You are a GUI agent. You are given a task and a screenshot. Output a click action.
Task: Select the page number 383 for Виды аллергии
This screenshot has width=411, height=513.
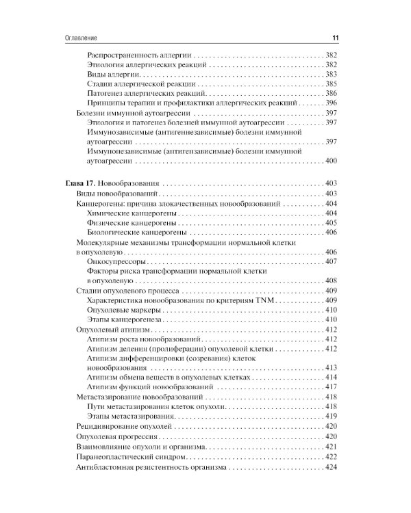tap(331, 73)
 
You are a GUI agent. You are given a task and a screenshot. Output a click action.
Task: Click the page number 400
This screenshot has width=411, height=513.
tap(331, 161)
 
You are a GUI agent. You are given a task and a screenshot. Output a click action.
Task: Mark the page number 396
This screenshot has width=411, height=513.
tap(331, 102)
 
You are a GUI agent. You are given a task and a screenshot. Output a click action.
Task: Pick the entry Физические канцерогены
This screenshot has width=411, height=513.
tap(132, 223)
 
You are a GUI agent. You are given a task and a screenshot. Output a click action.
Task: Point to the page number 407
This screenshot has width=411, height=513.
tap(331, 261)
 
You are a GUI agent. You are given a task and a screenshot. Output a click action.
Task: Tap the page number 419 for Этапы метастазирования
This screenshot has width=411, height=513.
tap(331, 417)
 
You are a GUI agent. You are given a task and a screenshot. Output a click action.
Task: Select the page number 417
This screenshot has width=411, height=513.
tap(331, 387)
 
